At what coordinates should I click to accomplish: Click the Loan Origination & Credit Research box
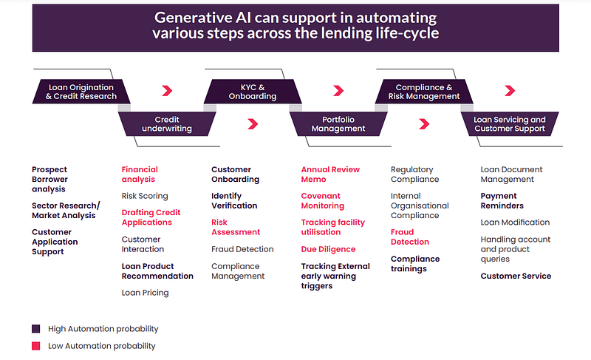coord(81,92)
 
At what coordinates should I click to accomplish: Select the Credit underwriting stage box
coord(167,123)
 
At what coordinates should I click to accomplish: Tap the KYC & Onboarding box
coord(253,92)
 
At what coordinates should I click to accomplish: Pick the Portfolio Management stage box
coord(338,123)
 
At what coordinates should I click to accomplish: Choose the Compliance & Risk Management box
coord(424,92)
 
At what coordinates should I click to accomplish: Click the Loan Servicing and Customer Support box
coord(510,123)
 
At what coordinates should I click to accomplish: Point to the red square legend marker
coord(35,346)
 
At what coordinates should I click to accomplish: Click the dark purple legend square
coord(35,329)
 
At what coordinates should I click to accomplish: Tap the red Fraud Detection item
coord(410,237)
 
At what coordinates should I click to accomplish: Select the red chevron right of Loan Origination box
coord(167,90)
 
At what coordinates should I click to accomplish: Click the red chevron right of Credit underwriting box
coord(253,123)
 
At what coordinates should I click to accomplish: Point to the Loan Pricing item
coord(145,293)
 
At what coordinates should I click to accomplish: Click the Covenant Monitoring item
coord(323,200)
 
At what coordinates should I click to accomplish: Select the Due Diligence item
coord(328,249)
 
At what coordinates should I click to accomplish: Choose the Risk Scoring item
coord(145,196)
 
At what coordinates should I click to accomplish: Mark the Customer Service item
coord(516,276)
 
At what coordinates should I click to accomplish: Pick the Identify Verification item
coord(234,200)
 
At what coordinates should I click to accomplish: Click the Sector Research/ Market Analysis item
coord(66,211)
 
